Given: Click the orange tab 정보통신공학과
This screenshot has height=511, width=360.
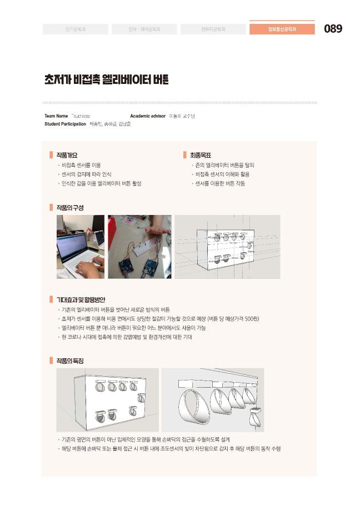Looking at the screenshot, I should (282, 29).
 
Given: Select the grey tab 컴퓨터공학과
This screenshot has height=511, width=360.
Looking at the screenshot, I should (213, 29).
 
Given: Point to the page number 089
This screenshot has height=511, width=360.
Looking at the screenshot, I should (333, 29).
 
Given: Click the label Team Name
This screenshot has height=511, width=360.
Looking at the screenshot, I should (56, 116).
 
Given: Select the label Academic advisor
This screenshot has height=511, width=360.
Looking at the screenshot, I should (148, 116).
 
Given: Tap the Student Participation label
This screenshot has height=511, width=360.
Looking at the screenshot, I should (65, 124).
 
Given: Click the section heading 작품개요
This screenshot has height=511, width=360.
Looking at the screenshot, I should (67, 155).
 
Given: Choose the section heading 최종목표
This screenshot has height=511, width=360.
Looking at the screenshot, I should (201, 155).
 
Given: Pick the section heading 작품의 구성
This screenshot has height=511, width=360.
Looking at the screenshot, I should (70, 207).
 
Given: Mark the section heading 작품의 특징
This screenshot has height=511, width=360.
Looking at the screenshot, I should (70, 360).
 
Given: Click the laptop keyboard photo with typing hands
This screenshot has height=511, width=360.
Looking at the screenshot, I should (80, 247).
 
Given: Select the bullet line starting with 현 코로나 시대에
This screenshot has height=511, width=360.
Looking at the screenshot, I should (126, 337).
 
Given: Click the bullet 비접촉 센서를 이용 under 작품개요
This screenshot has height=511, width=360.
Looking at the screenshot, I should (81, 165).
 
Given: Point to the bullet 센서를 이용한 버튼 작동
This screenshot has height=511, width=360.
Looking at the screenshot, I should (219, 183).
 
